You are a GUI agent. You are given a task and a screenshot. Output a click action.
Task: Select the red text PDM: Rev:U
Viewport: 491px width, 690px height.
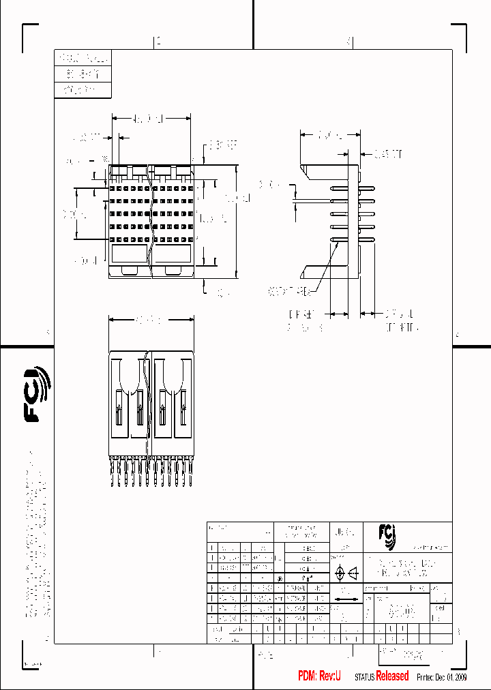tap(319, 676)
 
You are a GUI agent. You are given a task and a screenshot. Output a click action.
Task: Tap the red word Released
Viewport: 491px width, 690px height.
tap(393, 676)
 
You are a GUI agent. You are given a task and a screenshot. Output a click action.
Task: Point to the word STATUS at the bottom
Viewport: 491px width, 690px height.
tap(364, 676)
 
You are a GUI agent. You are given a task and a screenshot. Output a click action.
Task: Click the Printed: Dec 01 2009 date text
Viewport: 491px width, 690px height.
tap(441, 676)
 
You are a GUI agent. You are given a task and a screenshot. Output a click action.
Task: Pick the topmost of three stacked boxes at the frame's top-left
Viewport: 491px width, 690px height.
tap(81, 58)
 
